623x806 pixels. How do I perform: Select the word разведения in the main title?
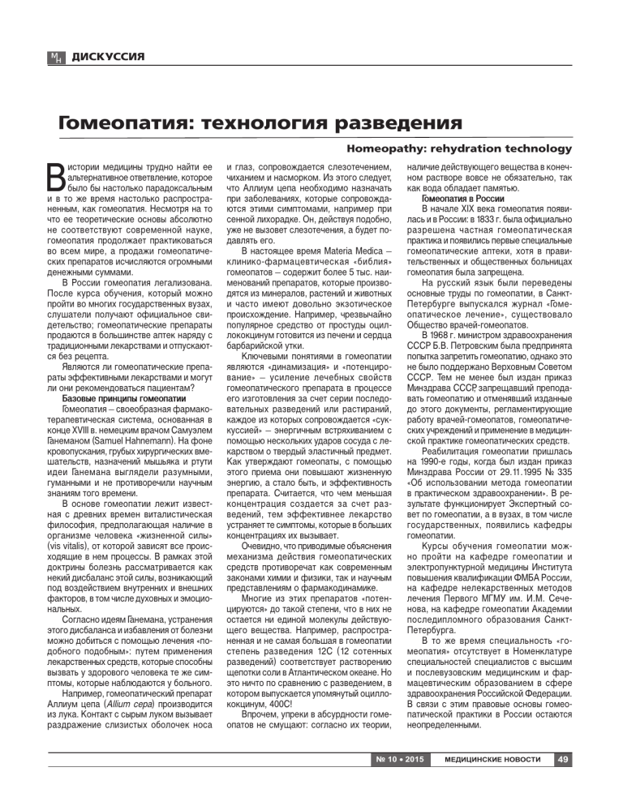coord(386,124)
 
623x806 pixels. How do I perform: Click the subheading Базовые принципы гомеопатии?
coord(124,399)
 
